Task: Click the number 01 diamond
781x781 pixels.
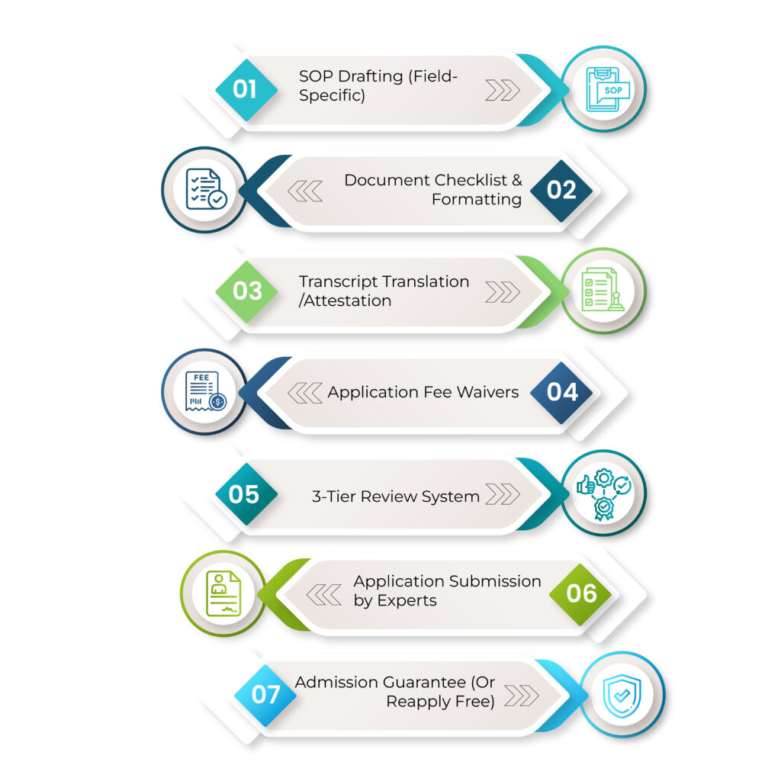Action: [246, 90]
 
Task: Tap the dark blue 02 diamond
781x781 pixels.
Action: [561, 191]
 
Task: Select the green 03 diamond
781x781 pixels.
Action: [246, 291]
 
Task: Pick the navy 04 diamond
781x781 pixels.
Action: [561, 393]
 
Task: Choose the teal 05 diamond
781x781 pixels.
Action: [246, 494]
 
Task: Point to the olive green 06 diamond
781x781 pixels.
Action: [580, 594]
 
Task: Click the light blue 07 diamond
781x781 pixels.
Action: [265, 696]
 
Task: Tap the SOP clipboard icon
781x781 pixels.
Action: [607, 89]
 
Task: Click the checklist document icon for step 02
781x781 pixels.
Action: [206, 189]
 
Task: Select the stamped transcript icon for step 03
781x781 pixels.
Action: [603, 290]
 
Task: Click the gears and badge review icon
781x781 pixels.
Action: [604, 494]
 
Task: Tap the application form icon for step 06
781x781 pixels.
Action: [223, 593]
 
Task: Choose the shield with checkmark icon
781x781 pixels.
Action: [622, 696]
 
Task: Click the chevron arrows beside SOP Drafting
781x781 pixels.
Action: [503, 90]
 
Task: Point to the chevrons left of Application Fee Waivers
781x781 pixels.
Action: [305, 393]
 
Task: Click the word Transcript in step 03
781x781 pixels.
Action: [339, 282]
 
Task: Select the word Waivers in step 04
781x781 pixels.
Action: [487, 393]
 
